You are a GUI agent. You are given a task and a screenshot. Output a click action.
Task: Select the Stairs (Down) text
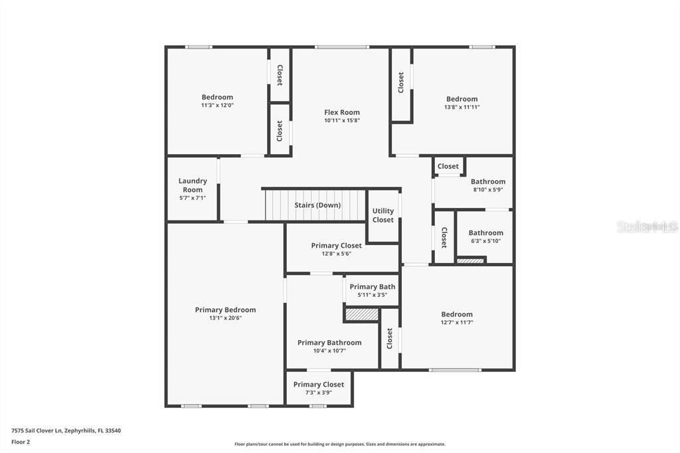coord(317,205)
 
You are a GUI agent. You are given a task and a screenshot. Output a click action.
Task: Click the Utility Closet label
coord(383,215)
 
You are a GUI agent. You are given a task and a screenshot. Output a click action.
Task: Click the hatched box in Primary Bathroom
coord(361,314)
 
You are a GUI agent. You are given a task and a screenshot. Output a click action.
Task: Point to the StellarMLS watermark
coord(647,226)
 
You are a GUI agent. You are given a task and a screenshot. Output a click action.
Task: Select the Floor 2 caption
coord(21,442)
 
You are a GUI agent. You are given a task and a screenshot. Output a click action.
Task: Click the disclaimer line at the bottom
coord(339,444)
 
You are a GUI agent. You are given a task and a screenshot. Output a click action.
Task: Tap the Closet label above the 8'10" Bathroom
coord(448,166)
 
